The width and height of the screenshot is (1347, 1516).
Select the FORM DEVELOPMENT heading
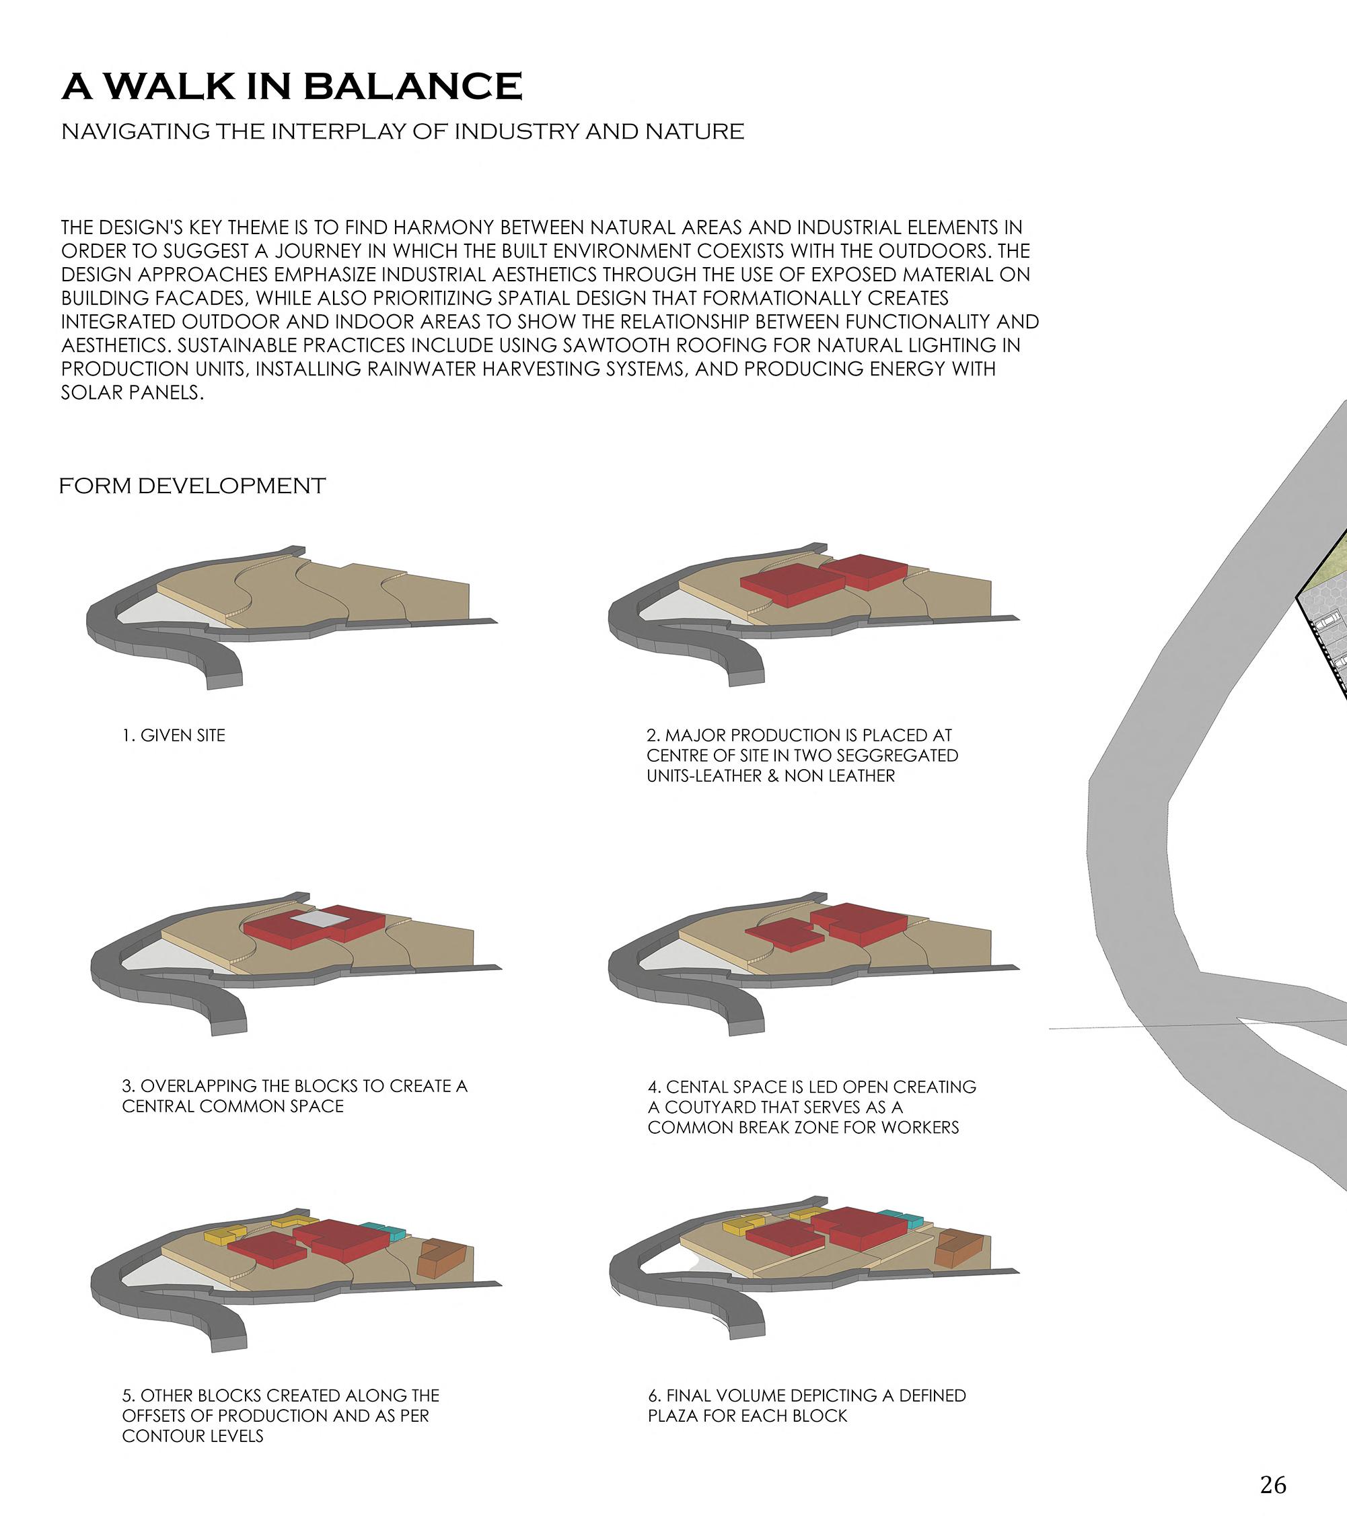192,486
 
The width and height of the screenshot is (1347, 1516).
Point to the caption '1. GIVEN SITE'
174,735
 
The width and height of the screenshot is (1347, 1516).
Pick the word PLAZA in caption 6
673,1416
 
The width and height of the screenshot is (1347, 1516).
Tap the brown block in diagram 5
442,1258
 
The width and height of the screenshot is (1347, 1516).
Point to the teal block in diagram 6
900,1219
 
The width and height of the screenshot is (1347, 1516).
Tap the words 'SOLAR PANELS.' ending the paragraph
133,392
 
